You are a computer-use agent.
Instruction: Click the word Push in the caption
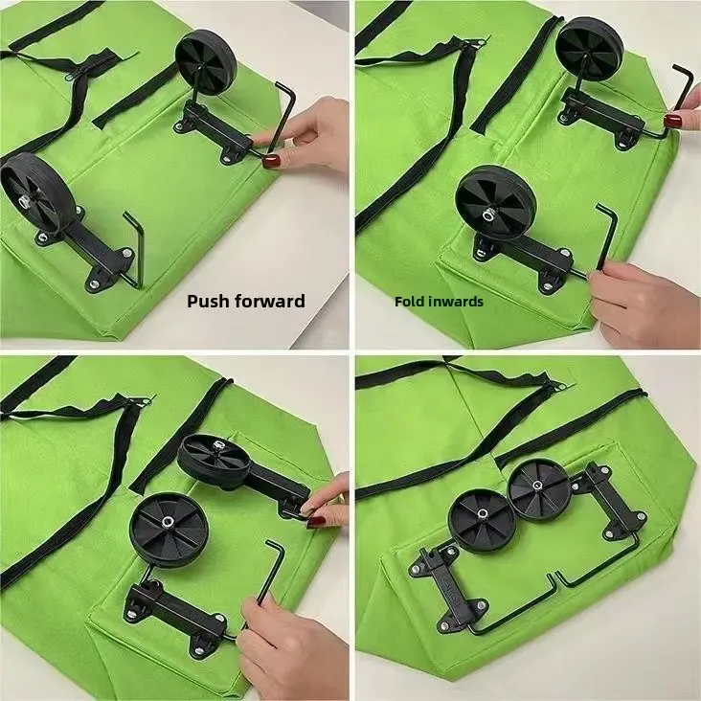tap(206, 301)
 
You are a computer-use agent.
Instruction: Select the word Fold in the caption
tap(409, 301)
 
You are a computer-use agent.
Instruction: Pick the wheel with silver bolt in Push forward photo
tap(26, 192)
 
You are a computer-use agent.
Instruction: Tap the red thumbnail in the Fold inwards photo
tap(674, 121)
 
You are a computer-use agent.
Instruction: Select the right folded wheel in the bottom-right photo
tap(537, 489)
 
